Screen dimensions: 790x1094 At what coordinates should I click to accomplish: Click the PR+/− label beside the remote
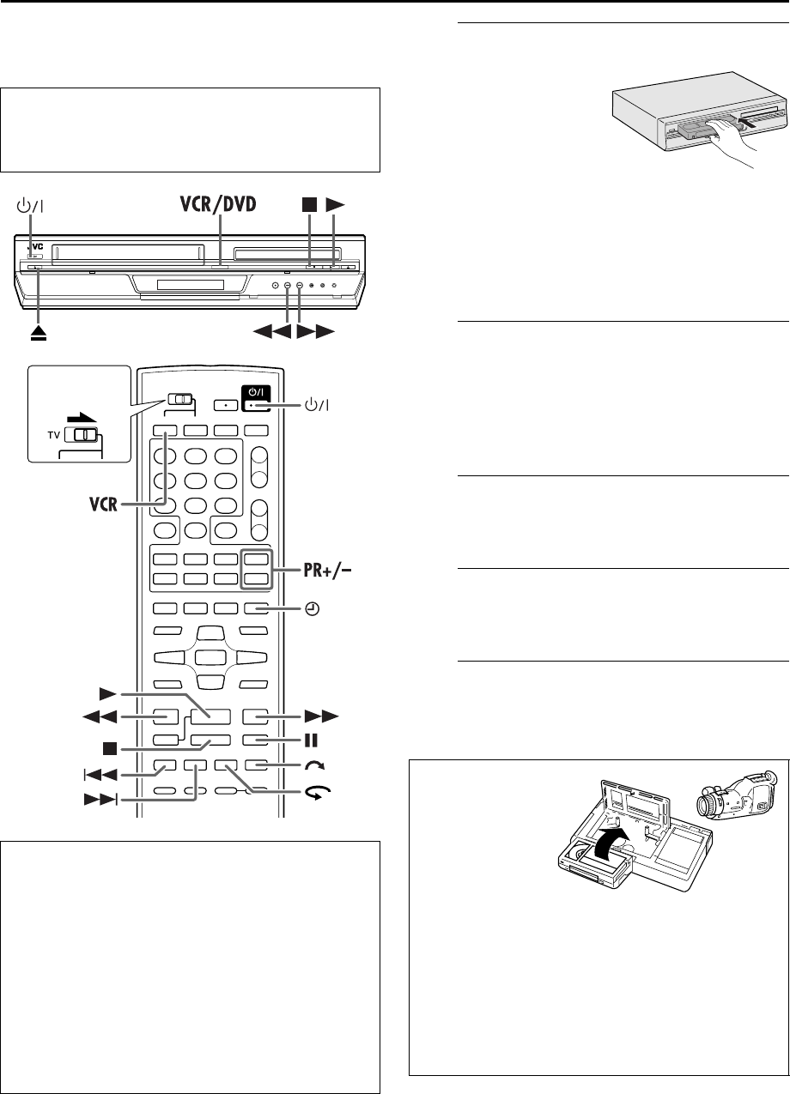(315, 567)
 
